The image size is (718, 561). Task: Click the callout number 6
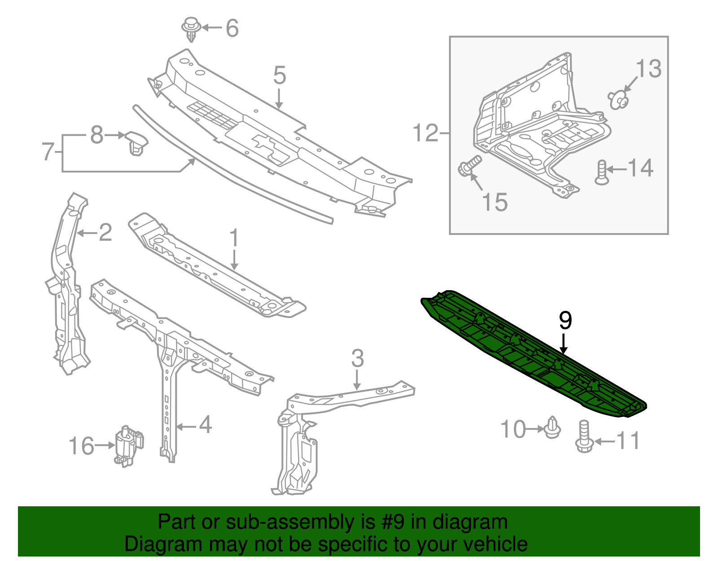pos(232,28)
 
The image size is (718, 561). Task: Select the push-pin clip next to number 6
pos(191,30)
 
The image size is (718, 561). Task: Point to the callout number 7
pos(48,152)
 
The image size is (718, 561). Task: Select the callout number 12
pos(425,133)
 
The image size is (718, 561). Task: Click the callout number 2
pos(105,232)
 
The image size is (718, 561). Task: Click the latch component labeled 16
pos(129,446)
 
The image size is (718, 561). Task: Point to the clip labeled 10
pos(552,428)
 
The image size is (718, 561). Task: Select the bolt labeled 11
pos(584,437)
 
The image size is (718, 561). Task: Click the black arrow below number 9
pos(564,344)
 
